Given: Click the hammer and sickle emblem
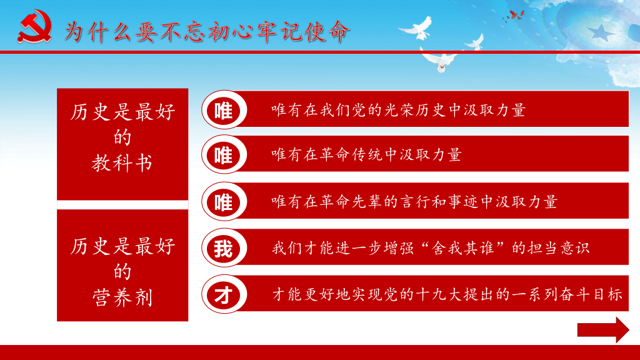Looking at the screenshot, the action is [35, 27].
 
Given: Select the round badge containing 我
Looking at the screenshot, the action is [224, 247].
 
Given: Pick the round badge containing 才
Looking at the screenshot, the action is [224, 294].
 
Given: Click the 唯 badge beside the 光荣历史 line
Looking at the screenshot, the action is [224, 110].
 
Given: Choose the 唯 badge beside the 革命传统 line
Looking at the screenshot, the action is [224, 155].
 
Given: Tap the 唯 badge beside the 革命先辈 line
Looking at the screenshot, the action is [224, 202].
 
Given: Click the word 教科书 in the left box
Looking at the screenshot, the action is [122, 163].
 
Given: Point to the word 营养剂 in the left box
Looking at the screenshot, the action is [122, 297].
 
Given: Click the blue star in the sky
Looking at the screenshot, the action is [601, 32].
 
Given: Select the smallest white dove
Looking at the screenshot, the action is [475, 42].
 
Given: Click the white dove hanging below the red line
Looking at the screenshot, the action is [439, 61].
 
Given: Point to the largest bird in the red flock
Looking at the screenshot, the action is [517, 15].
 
